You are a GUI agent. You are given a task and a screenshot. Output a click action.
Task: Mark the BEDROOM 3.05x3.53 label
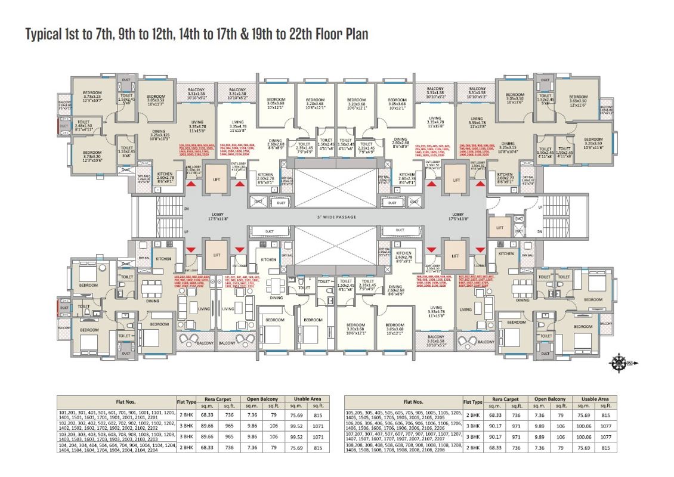point(156,99)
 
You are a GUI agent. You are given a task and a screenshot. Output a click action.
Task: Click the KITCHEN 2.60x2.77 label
point(505,176)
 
